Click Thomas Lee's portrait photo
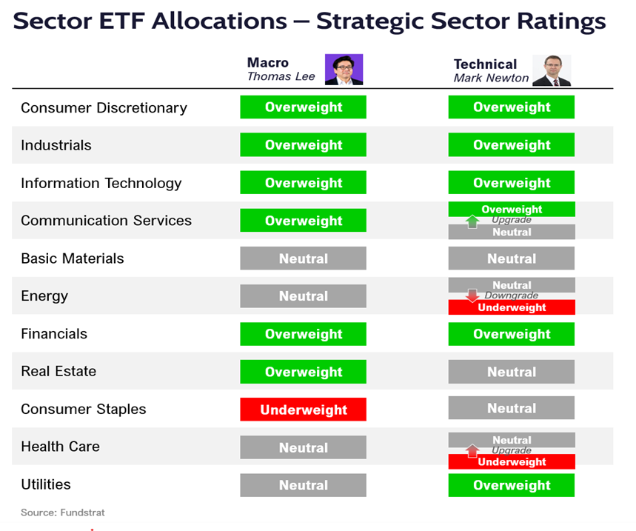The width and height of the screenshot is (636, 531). pos(344,70)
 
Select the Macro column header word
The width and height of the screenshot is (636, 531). pos(268,63)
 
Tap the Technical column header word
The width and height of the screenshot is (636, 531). pos(485,64)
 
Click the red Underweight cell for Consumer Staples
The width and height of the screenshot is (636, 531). pos(303,410)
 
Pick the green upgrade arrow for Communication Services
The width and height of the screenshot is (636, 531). pos(472,221)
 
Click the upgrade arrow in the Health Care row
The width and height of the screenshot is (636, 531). pos(472,450)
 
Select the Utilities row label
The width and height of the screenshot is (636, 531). pos(46,484)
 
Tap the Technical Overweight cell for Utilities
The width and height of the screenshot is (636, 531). pos(511,485)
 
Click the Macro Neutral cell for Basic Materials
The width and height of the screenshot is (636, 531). pos(303,258)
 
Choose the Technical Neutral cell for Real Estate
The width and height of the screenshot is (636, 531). pos(511,372)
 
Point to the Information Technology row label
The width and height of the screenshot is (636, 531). pos(101,183)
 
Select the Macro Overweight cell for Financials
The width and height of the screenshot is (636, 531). pos(303,334)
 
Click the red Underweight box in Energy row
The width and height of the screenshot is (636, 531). pos(511,307)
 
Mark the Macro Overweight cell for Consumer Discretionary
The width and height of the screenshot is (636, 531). pos(303,107)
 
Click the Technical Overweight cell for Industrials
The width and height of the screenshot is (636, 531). pos(511,145)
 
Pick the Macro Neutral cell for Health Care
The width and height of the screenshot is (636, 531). pos(303,447)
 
